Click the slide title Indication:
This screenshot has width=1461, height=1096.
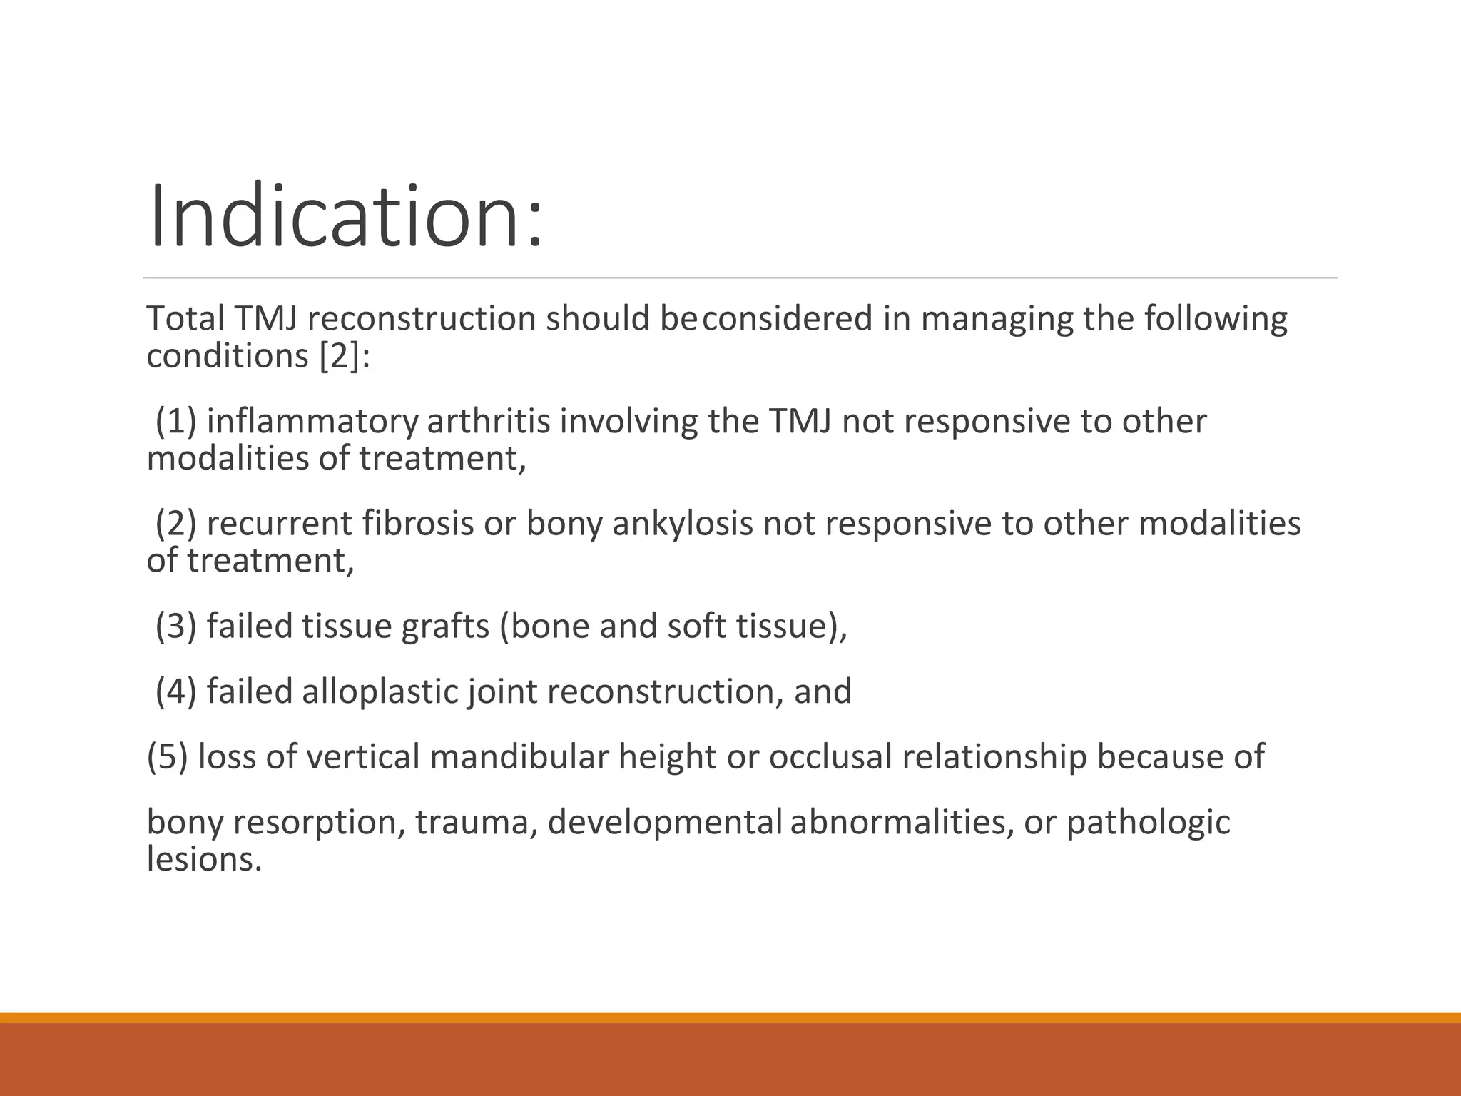pos(345,215)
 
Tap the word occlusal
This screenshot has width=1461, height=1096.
pos(830,757)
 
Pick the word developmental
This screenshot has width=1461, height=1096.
pos(665,823)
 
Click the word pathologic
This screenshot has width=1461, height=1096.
pos(1148,823)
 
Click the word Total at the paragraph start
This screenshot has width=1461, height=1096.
pos(185,318)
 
